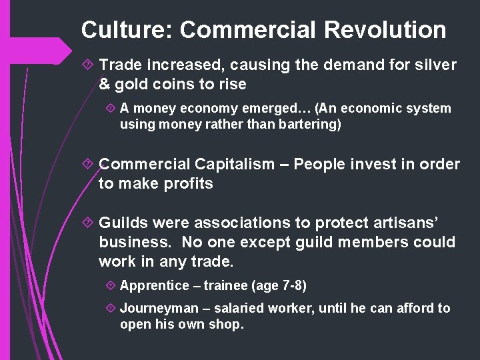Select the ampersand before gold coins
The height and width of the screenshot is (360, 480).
105,85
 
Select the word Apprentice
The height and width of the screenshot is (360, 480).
155,285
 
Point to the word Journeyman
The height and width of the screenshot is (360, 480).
159,308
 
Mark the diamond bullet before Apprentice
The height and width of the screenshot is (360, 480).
111,285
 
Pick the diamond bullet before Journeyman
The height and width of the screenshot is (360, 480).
111,308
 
